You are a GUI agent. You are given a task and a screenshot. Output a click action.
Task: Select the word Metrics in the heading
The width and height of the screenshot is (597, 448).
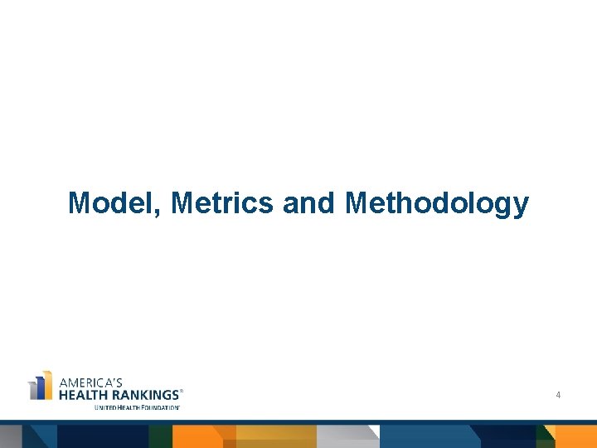tap(222, 202)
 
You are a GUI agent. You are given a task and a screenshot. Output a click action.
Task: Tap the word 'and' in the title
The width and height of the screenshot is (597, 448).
tap(308, 202)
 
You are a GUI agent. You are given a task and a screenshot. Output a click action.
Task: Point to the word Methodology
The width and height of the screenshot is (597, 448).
tap(436, 202)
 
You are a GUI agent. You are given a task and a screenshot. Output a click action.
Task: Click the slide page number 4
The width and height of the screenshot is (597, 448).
tap(558, 396)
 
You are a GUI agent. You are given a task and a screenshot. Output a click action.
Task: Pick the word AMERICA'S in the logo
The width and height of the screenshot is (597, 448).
tap(90, 382)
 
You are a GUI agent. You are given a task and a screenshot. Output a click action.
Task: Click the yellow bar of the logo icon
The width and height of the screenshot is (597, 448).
tap(47, 385)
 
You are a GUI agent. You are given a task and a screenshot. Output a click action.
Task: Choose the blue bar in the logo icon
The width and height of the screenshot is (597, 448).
tap(39, 390)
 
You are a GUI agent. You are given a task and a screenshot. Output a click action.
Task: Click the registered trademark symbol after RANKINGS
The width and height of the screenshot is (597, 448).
tap(182, 391)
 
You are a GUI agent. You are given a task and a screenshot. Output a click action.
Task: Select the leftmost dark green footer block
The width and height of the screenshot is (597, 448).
tap(160, 436)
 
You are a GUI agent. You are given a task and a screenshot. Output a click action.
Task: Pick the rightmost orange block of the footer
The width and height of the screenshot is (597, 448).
tap(576, 436)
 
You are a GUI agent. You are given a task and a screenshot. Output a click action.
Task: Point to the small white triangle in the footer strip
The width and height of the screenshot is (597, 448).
tap(375, 431)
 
